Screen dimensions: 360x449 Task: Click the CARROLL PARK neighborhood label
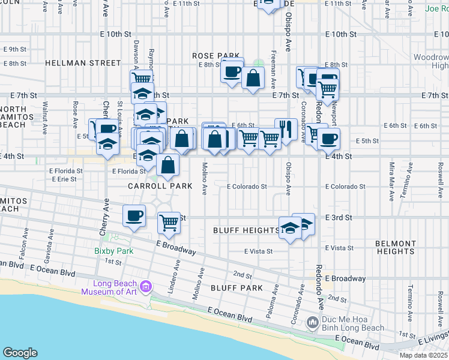tap(160, 186)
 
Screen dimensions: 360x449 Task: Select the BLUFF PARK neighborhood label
tap(237, 288)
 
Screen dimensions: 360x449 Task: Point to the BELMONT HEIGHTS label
tap(396, 247)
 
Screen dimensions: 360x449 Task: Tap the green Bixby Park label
tap(113, 251)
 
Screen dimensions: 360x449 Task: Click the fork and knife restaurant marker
tap(286, 129)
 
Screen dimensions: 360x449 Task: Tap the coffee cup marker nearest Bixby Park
tap(134, 215)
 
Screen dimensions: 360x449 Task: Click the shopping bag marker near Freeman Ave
tap(253, 78)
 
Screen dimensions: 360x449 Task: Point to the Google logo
tap(20, 353)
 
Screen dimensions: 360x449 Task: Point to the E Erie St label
tap(64, 179)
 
